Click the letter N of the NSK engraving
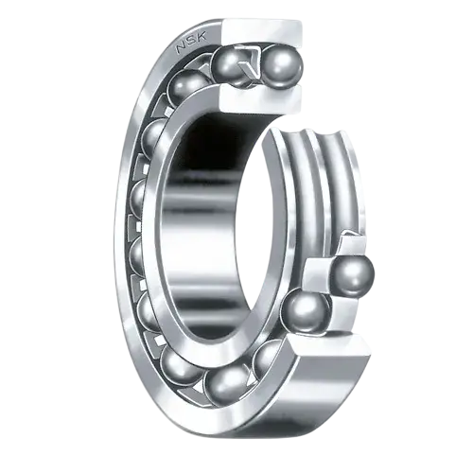(x=183, y=48)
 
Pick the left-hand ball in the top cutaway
(x=228, y=67)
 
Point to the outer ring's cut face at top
(x=262, y=33)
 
